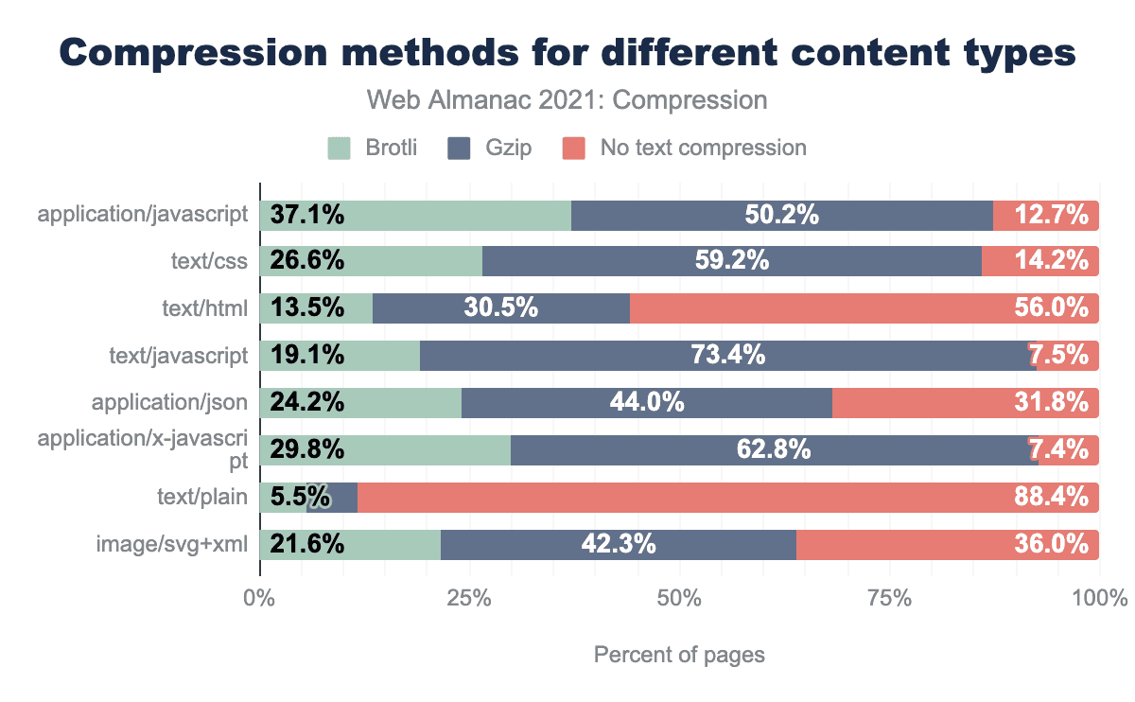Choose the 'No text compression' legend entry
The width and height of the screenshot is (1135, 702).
click(x=684, y=148)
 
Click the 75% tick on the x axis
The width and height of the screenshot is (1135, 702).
click(x=889, y=599)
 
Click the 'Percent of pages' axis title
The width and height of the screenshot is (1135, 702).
click(x=679, y=655)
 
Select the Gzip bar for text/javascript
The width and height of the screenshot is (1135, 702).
click(x=728, y=356)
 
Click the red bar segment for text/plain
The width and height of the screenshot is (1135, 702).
click(x=728, y=497)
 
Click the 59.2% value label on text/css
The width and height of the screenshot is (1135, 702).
click(x=731, y=262)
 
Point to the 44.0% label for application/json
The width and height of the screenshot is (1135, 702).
click(x=647, y=403)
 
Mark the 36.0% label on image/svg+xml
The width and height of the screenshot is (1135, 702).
click(x=1051, y=544)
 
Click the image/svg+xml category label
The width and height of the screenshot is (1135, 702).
click(x=172, y=544)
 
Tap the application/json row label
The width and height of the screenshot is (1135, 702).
click(x=170, y=403)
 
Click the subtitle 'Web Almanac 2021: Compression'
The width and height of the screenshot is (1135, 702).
click(x=567, y=100)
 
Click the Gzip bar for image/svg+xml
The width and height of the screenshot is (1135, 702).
click(x=619, y=544)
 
